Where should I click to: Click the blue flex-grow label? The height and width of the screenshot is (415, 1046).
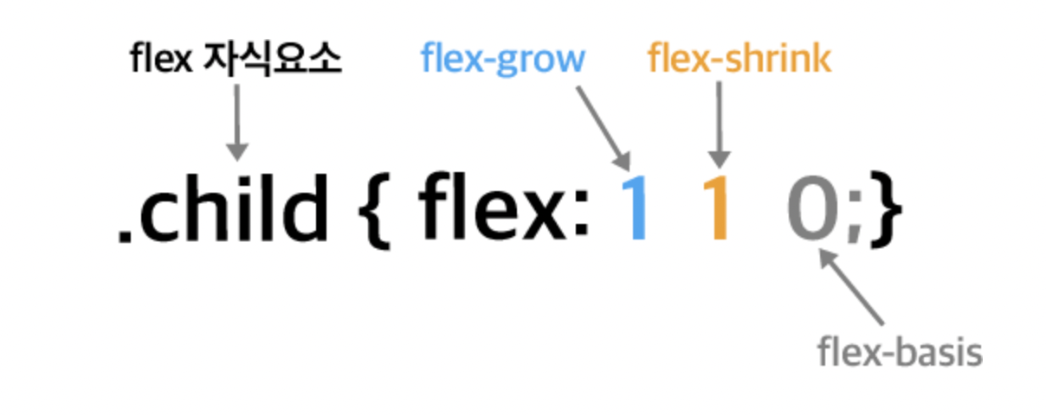pos(502,60)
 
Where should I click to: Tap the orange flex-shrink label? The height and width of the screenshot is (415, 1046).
pos(739,60)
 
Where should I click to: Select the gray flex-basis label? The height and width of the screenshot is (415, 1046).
pos(900,352)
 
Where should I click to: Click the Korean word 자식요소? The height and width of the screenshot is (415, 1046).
pos(272,60)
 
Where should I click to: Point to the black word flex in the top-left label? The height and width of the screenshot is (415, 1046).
pos(160,60)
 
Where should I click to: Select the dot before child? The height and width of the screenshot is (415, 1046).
pos(125,235)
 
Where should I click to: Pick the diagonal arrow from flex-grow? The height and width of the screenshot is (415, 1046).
pos(604,121)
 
